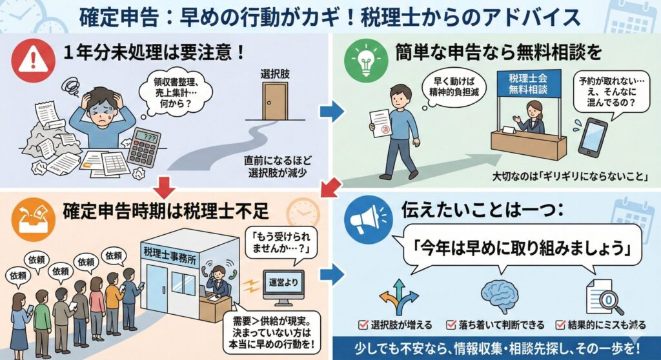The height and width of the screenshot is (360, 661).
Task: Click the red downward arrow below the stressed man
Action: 165,188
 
